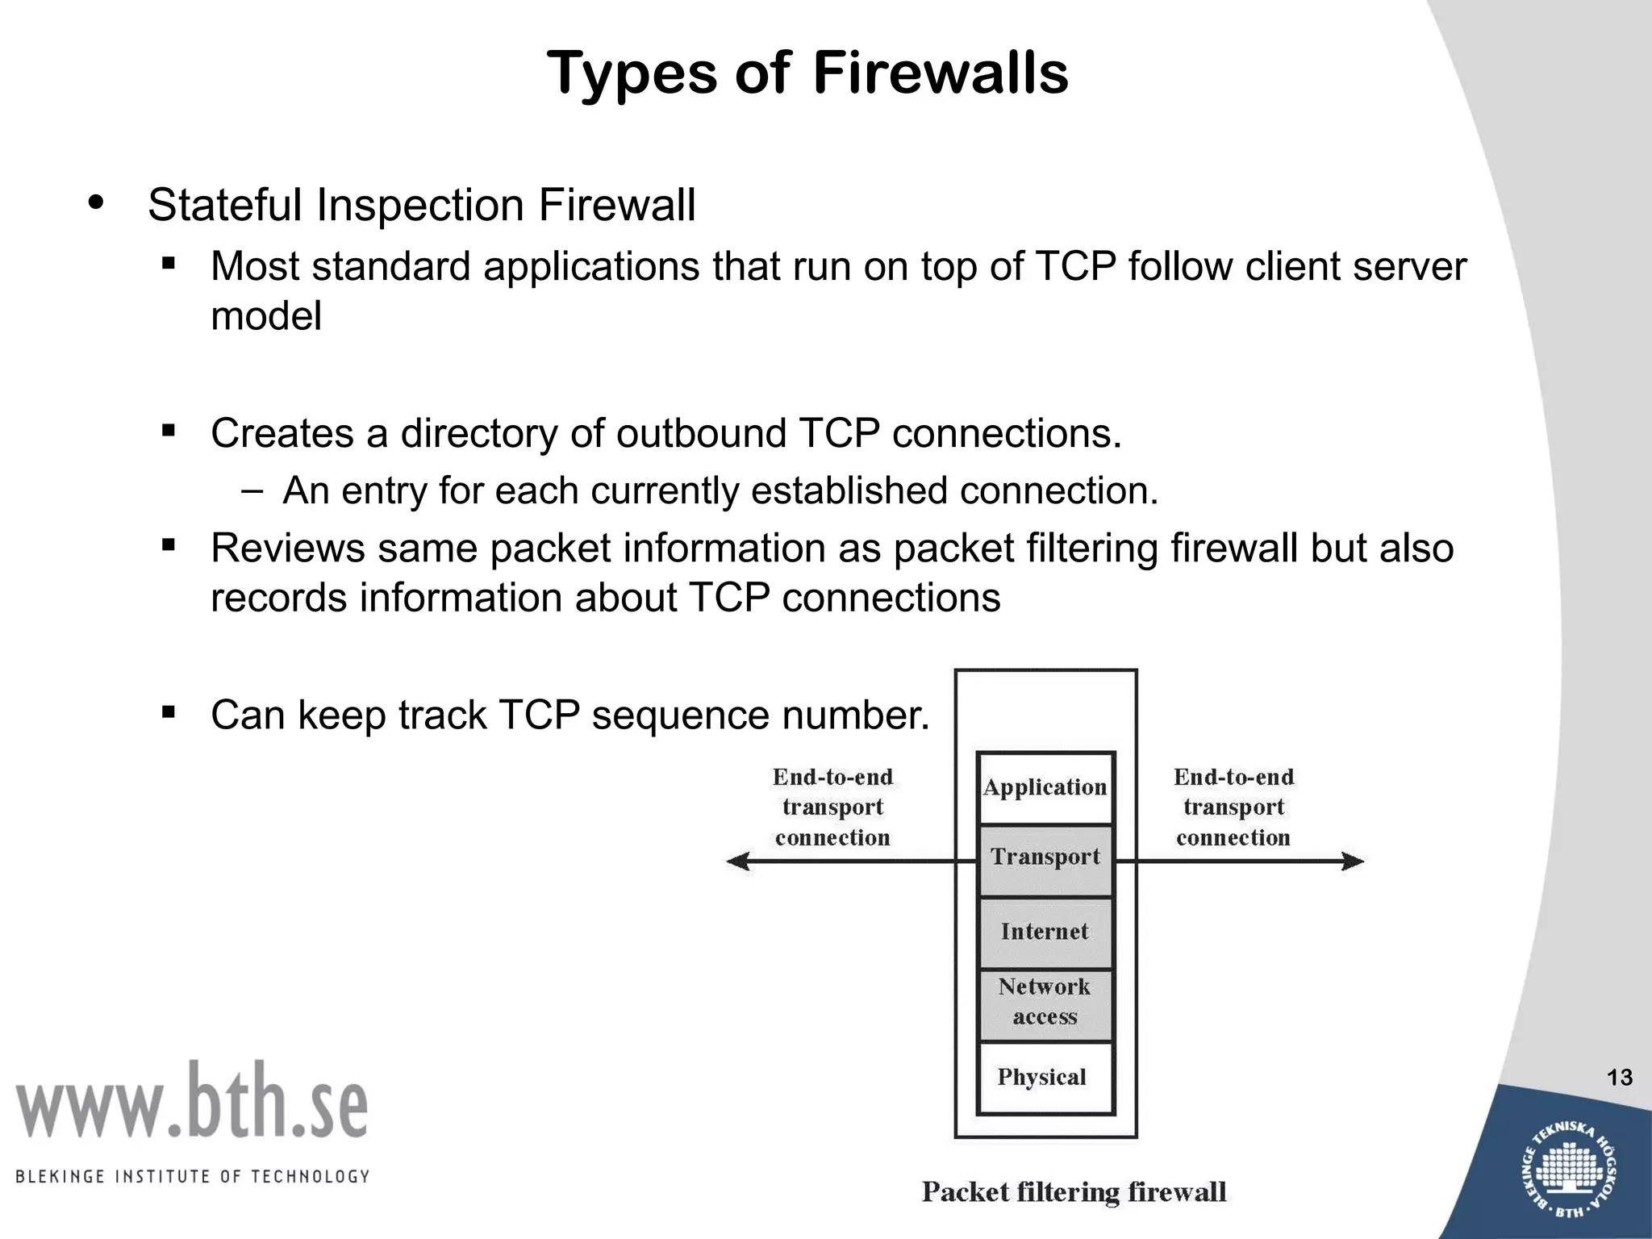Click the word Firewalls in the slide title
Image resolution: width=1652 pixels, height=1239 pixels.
(x=940, y=73)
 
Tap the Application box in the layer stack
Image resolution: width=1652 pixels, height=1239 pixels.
(x=1045, y=788)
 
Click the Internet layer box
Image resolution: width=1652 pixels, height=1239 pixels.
(x=1045, y=932)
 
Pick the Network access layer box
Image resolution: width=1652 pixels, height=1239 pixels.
(x=1045, y=1003)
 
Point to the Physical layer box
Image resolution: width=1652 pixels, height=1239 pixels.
(x=1042, y=1078)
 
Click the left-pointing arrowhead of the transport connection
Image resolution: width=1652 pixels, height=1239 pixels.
(x=736, y=861)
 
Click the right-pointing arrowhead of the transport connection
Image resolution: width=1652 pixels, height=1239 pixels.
(x=1354, y=861)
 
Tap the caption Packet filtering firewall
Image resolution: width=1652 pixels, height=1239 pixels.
(x=1074, y=1192)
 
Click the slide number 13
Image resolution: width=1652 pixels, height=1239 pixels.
(x=1619, y=1078)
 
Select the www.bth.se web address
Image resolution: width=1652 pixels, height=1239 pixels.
(x=192, y=1101)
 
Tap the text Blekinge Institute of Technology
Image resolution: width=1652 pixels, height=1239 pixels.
(x=192, y=1177)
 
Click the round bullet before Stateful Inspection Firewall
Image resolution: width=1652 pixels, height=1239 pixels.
(x=96, y=202)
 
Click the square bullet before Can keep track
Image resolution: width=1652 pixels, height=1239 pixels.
(x=169, y=711)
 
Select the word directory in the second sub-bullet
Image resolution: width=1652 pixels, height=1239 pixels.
(x=479, y=433)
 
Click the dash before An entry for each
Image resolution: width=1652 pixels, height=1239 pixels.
(x=252, y=490)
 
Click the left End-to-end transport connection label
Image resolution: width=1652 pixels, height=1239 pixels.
(x=832, y=807)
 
